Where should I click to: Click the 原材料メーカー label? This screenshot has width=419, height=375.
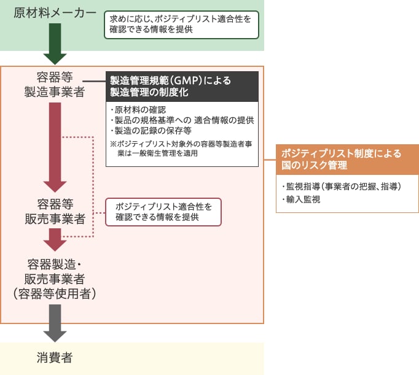click(x=55, y=13)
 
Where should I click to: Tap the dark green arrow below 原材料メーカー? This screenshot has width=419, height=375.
click(x=55, y=43)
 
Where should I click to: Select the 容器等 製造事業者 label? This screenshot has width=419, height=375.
click(x=55, y=85)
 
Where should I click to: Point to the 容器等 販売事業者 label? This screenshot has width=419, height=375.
click(x=55, y=212)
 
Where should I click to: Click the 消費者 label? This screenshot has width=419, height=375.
click(x=55, y=359)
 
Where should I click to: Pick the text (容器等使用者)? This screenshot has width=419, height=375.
click(x=55, y=293)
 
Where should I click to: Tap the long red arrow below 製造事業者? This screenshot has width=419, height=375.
click(x=55, y=147)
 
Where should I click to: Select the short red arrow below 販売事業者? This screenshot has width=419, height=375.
click(x=55, y=239)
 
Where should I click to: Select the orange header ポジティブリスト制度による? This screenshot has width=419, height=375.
click(x=341, y=153)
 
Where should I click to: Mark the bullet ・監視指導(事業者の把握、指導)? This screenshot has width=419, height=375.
click(x=341, y=187)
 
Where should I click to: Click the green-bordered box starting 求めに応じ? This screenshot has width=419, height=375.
click(x=180, y=25)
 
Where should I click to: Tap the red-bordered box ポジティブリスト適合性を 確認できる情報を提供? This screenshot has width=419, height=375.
click(x=163, y=211)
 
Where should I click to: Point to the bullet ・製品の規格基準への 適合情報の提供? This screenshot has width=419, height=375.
click(x=182, y=120)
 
